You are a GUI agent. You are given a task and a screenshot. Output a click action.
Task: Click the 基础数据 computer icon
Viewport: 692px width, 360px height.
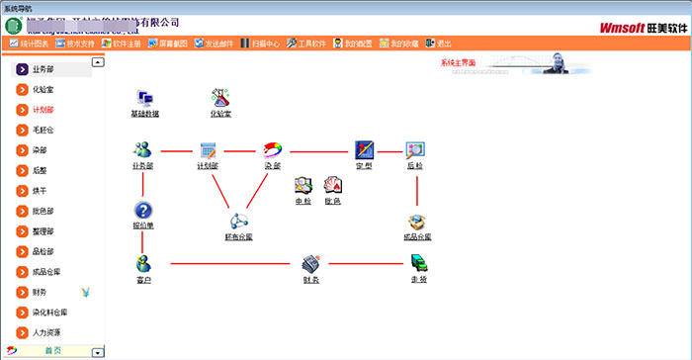(144, 98)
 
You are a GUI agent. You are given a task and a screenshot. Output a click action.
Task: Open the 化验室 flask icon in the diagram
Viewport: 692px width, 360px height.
(220, 98)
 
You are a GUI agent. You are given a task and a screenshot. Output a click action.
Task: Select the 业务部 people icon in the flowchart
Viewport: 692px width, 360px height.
(142, 150)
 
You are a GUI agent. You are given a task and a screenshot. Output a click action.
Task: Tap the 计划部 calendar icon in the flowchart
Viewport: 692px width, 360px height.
(208, 150)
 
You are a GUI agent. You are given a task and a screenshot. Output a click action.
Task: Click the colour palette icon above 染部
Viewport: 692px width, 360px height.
(273, 150)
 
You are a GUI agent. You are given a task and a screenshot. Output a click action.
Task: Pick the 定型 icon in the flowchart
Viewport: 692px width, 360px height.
(364, 150)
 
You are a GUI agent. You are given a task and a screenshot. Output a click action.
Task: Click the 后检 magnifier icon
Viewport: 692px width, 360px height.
(415, 150)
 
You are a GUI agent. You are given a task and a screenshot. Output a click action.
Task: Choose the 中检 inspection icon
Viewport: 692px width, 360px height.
(303, 185)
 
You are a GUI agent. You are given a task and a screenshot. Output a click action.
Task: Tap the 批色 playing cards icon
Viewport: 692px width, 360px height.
(332, 185)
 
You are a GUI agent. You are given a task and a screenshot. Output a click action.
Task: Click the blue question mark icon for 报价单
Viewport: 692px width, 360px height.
(143, 210)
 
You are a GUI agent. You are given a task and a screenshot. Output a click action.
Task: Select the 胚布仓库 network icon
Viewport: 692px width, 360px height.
(238, 222)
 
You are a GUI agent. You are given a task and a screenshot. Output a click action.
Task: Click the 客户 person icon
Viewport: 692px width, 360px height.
(143, 263)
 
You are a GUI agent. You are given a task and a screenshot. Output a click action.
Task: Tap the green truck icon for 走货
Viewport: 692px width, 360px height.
(417, 263)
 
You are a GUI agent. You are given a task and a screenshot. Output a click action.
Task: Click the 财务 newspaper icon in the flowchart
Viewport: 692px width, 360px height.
(309, 263)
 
